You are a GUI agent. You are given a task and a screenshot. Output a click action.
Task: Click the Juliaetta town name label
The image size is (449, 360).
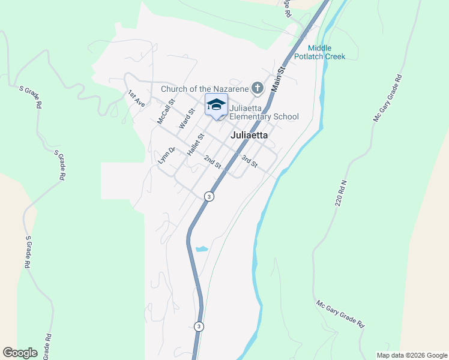point(249,136)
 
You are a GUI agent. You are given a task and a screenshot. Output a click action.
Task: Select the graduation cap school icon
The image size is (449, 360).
point(216,105)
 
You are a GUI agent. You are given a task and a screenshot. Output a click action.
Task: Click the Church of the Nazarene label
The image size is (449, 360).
point(204,89)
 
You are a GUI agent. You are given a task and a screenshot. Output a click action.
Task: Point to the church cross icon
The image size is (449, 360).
point(257,89)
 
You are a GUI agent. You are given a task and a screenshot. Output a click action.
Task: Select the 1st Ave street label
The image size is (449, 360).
point(137,98)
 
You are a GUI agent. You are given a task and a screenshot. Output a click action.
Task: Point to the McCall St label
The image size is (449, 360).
point(165,111)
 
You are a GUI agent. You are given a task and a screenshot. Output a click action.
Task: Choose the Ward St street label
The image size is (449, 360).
point(187,119)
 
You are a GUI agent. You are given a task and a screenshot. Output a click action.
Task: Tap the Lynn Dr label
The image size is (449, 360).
point(166,155)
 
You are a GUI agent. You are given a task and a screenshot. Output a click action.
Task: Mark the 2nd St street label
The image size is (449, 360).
point(212,162)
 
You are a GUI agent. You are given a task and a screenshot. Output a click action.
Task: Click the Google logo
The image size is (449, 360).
point(20,353)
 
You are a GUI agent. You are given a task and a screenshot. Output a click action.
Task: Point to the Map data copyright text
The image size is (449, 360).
point(412,355)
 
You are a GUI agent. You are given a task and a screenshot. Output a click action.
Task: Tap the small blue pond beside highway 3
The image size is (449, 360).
point(202,248)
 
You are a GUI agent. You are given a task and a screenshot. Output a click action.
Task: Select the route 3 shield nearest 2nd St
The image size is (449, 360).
point(208,196)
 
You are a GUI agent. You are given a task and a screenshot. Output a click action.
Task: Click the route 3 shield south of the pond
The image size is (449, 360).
point(199,326)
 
